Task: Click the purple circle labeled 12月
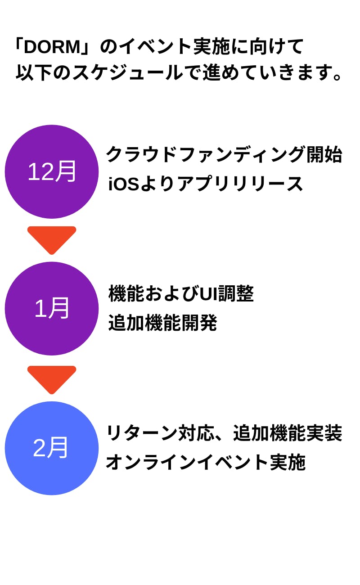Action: click(52, 171)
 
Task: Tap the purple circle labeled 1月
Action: click(52, 308)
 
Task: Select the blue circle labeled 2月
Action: click(52, 448)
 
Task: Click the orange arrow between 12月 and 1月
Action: click(52, 238)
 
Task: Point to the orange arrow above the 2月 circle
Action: click(52, 378)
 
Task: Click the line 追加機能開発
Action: click(162, 323)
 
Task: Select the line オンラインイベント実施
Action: click(206, 462)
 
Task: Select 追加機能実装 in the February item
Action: click(288, 433)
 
